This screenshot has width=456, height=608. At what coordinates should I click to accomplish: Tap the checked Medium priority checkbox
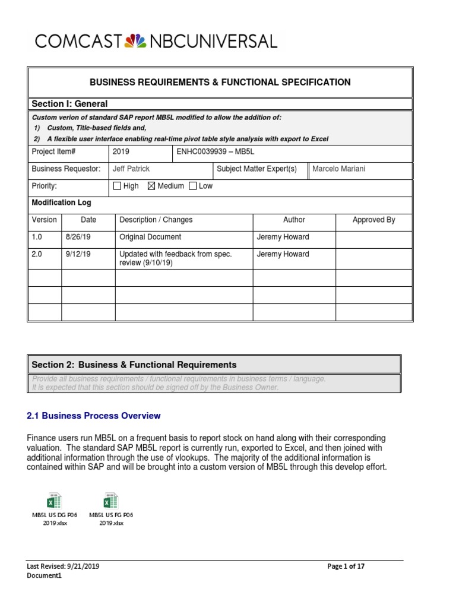coord(151,186)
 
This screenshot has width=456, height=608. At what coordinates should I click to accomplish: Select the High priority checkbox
coord(116,186)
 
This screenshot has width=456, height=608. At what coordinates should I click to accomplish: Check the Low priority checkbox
coord(192,186)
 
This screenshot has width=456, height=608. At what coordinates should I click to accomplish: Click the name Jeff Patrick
coord(131,169)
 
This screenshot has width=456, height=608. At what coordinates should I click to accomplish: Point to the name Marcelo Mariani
coord(339,169)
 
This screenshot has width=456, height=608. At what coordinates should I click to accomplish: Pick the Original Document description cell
coord(150,237)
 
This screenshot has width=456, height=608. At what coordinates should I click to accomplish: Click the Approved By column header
coord(373,220)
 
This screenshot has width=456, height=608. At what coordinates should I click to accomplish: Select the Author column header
coord(294,220)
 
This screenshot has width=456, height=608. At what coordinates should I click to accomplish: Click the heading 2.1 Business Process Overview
coord(94,416)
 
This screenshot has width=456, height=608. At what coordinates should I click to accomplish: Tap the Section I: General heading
coord(69,104)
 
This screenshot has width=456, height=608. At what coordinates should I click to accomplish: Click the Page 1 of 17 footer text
coord(346,566)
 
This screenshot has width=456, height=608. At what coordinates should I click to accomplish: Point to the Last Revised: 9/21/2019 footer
coord(63,566)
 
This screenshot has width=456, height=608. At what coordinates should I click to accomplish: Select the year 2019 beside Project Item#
coord(121,152)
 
